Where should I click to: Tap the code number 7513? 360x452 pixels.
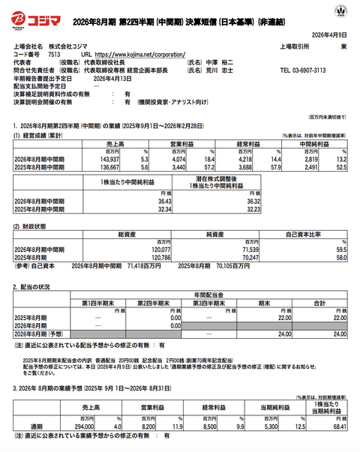tap(54, 55)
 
